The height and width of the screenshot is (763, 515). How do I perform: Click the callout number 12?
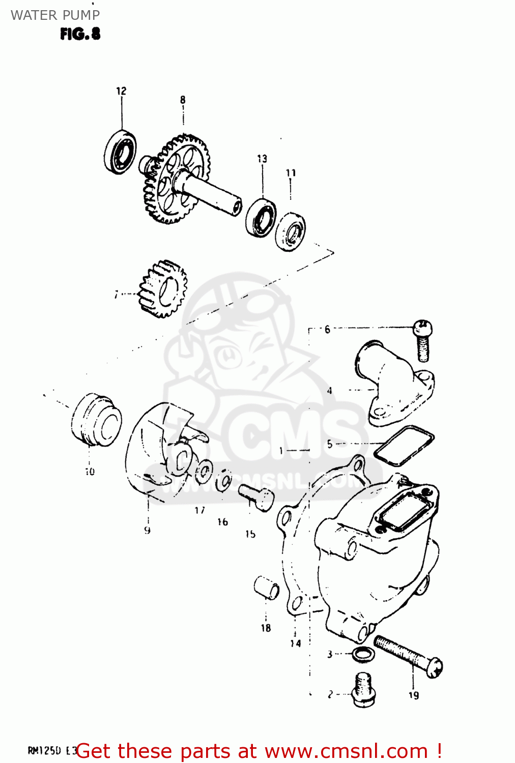[121, 91]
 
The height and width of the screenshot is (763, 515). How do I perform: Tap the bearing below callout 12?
[121, 152]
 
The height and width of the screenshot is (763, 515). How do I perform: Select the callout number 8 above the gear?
[183, 100]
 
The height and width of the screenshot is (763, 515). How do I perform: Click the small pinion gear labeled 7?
[163, 289]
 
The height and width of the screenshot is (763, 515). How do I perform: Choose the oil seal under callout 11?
[291, 232]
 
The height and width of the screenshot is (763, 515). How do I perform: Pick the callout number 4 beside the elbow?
[330, 391]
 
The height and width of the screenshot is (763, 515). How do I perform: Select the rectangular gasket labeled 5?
[404, 446]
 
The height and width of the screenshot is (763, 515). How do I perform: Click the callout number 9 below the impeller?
[147, 530]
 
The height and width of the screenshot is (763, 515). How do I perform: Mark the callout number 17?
[199, 510]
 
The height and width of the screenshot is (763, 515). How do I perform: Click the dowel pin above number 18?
[267, 588]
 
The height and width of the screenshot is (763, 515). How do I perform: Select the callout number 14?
[296, 643]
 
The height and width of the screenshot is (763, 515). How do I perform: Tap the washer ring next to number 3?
[361, 655]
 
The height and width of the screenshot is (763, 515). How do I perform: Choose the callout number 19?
[413, 695]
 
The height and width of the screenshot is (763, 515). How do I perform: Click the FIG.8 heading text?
[80, 34]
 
